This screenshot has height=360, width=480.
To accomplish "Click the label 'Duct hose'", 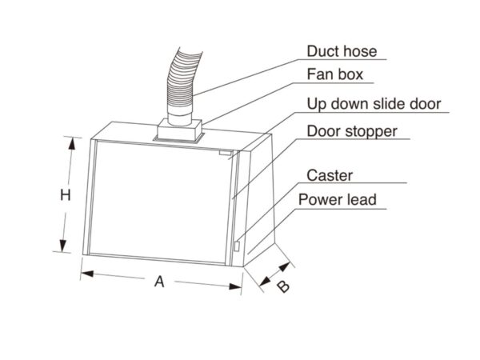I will (x=342, y=52).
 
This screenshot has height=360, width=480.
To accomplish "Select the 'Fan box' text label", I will (x=335, y=75).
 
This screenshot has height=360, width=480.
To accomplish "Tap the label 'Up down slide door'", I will (x=374, y=104).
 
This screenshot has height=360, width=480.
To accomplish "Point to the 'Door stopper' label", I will (x=352, y=130).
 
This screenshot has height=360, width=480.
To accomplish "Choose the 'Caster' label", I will (x=330, y=174).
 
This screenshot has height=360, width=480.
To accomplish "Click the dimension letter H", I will (x=68, y=194).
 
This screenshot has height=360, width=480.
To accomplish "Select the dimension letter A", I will (x=159, y=281).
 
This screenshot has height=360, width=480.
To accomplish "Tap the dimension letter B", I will (x=282, y=287).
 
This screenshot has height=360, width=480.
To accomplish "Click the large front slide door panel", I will (x=160, y=196).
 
